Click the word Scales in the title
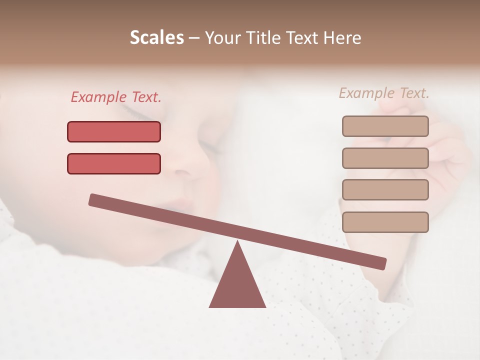point(157,37)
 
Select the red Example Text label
point(116,97)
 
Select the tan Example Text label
point(384,93)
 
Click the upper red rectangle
point(114,132)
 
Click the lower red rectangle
point(114,163)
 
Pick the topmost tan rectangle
point(385,126)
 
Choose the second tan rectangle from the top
point(385,158)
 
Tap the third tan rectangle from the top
point(385,189)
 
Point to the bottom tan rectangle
point(385,222)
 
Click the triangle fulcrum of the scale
point(237,285)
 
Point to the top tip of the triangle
point(237,243)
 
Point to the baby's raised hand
point(440,150)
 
